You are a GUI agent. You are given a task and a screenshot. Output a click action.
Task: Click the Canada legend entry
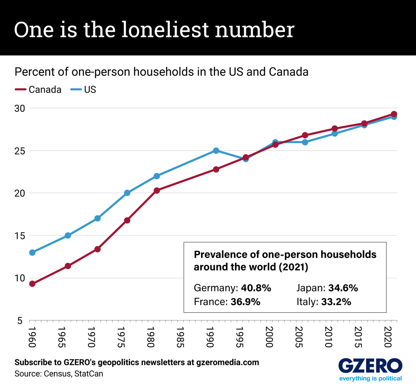[38, 90]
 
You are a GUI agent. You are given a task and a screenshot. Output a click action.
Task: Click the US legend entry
[83, 90]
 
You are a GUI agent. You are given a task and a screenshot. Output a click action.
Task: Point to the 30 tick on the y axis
[19, 108]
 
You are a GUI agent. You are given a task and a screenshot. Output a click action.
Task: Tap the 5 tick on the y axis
[19, 321]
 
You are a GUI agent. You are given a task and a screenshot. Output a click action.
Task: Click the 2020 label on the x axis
[388, 337]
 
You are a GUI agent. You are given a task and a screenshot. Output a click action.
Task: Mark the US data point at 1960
[32, 252]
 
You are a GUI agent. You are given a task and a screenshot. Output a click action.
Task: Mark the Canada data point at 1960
[32, 284]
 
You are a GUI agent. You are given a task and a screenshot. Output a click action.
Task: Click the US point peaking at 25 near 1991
[216, 151]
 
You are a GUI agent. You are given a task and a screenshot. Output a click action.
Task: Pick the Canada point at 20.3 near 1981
[157, 190]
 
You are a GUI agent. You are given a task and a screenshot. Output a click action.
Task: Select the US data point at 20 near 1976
[127, 193]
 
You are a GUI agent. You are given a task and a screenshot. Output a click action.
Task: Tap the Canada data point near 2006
[305, 135]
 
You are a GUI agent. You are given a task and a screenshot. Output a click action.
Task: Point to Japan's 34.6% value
[343, 288]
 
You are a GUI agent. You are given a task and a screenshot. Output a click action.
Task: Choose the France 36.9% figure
[245, 302]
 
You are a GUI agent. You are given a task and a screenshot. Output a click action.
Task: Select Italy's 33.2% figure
[336, 302]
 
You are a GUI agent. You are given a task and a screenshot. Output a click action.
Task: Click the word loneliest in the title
[165, 29]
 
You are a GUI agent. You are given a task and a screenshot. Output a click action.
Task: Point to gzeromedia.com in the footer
[227, 363]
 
